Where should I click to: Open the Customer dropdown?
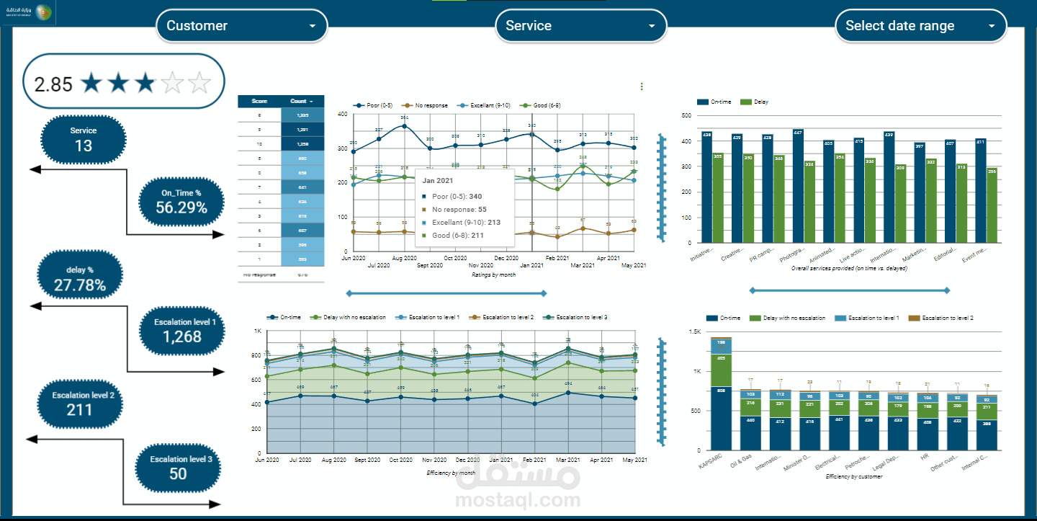coord(241,26)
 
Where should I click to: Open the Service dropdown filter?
coord(580,26)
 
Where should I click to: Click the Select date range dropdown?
coord(920,26)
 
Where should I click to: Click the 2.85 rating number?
coord(53,84)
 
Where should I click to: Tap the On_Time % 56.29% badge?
coord(181,201)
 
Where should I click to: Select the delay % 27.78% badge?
coord(80,279)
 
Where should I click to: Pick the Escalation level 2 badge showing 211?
coord(79,403)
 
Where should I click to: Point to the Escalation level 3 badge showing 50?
coord(178,466)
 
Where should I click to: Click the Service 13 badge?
coord(84,138)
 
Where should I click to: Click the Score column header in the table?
coord(259,102)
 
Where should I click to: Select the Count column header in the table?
coord(301,102)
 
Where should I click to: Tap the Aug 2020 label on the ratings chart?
coord(405,257)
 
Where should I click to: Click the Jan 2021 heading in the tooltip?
coord(437,179)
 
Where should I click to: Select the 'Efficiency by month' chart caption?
coord(452,473)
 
